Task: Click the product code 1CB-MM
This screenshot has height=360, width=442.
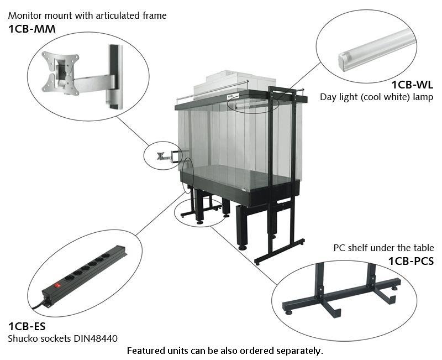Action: (x=31, y=29)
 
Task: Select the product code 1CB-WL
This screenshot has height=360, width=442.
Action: (x=412, y=85)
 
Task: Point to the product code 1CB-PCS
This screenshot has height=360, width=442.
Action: (x=411, y=260)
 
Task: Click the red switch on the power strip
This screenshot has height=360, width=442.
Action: (x=56, y=285)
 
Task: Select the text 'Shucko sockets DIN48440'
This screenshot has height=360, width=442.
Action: (x=63, y=338)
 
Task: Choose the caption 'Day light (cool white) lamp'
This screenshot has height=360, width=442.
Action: (x=376, y=97)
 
